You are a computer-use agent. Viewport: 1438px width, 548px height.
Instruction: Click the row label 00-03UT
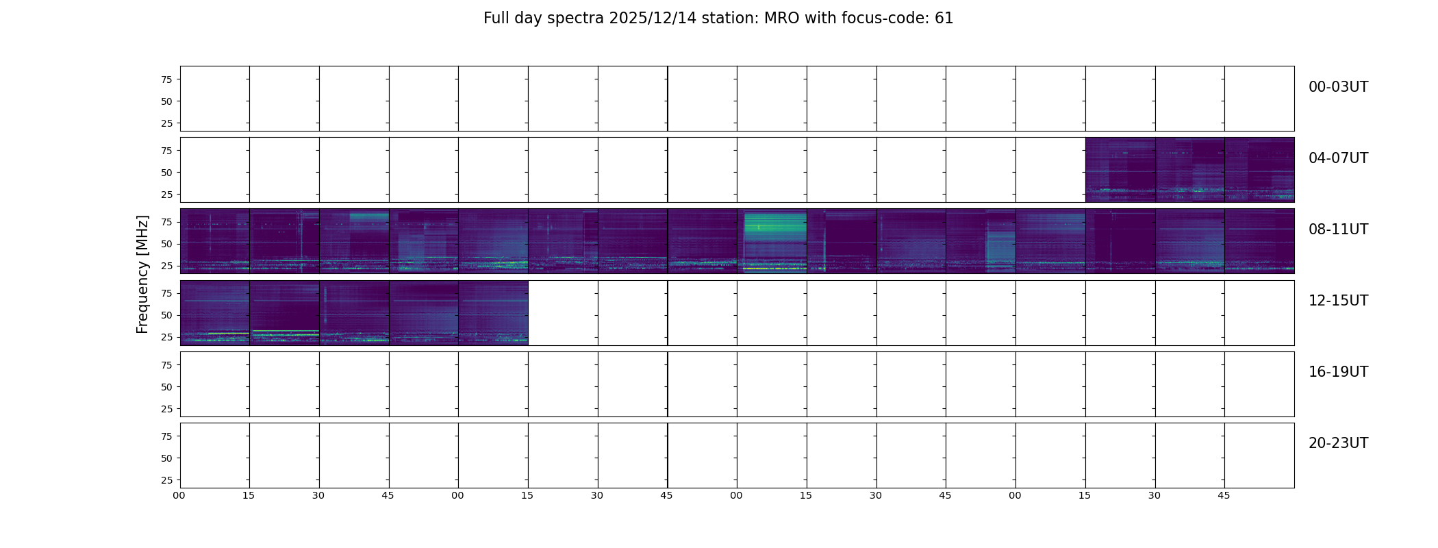(x=1338, y=87)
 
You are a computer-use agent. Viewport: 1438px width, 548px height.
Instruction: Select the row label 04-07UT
(x=1338, y=158)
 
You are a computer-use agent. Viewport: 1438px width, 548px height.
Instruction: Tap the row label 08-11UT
(x=1338, y=229)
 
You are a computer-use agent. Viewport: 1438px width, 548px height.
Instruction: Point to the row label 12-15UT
(x=1338, y=301)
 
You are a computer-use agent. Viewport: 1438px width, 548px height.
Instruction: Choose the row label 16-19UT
(x=1338, y=372)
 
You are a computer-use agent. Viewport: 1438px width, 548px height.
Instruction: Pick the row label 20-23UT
(x=1338, y=443)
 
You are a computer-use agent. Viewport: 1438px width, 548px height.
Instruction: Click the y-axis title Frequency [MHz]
(x=142, y=274)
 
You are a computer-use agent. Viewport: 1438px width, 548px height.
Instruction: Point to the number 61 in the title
(x=944, y=18)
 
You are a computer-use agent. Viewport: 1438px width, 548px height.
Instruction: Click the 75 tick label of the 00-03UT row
(x=166, y=79)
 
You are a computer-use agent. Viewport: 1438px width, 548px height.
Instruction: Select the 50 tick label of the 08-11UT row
(x=166, y=244)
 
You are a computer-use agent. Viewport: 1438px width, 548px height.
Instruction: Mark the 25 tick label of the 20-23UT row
(x=166, y=480)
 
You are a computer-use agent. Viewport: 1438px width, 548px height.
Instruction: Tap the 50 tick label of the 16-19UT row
(x=166, y=387)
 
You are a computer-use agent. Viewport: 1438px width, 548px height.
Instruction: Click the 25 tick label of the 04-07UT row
(x=166, y=195)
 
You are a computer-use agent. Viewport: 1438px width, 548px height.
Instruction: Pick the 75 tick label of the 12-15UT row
(x=166, y=293)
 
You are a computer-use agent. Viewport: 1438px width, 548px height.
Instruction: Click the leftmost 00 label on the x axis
(x=179, y=495)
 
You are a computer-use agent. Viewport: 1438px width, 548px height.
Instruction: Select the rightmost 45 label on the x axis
(x=1224, y=495)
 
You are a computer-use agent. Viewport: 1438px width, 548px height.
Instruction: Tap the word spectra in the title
(x=573, y=19)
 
